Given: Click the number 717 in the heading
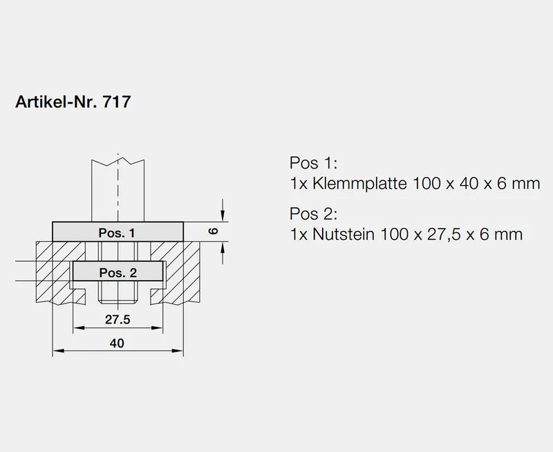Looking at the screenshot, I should (115, 102).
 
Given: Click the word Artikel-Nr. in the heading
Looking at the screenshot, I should (57, 102).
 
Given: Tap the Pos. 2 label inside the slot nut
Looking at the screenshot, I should (118, 272).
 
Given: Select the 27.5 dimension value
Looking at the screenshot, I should (118, 319).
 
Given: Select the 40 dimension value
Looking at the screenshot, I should (118, 343).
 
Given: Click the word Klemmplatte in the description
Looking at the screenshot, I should (358, 185).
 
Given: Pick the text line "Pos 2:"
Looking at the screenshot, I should (312, 213).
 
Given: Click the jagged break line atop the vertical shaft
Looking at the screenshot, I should (118, 162).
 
